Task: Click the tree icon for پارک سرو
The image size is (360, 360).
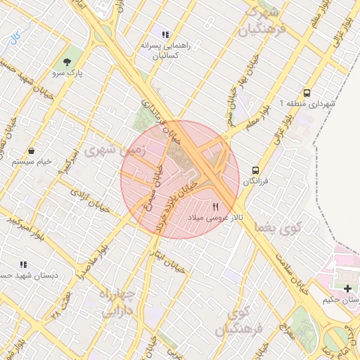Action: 67,61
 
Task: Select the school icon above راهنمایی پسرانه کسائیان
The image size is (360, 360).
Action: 165,34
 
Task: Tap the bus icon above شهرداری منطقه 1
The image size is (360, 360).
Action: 307,93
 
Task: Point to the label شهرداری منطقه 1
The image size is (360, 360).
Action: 307,103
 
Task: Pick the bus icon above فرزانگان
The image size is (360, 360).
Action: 255,170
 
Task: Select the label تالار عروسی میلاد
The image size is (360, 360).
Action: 216,218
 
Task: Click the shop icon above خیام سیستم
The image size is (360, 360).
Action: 32,150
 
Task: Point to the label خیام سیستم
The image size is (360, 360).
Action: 32,162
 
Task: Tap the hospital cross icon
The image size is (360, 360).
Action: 348,288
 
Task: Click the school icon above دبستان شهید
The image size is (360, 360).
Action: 23,264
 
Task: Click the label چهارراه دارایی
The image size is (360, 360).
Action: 121,302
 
